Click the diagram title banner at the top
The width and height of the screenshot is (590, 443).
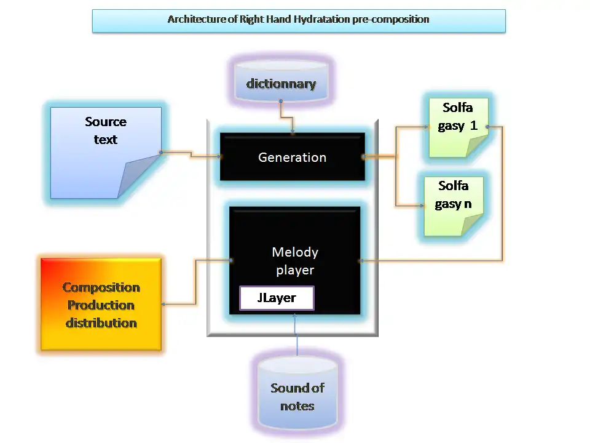click(299, 20)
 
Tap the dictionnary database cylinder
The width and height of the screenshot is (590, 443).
click(281, 84)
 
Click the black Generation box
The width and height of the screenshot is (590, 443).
click(292, 157)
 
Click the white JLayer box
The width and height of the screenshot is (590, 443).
click(277, 298)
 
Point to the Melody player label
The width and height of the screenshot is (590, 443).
click(295, 261)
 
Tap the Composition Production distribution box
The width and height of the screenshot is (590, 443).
click(101, 305)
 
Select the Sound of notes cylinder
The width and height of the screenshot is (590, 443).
click(297, 396)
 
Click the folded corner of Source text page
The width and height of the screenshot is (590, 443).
click(139, 178)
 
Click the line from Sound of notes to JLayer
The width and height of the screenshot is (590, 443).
click(297, 335)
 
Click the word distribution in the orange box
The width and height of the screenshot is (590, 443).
click(101, 323)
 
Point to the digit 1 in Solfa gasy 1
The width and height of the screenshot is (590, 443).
click(474, 126)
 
